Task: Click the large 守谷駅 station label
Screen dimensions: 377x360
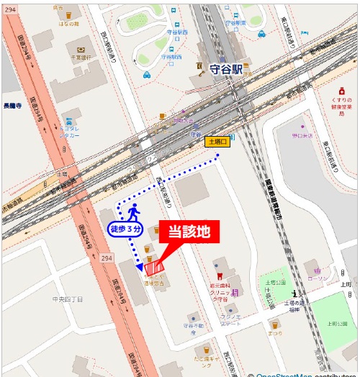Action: pyautogui.click(x=228, y=70)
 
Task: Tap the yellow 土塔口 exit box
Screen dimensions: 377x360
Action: pyautogui.click(x=217, y=142)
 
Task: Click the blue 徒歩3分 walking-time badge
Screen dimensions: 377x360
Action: pyautogui.click(x=127, y=229)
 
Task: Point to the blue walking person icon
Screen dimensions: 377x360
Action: pyautogui.click(x=132, y=212)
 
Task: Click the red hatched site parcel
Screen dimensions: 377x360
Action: pyautogui.click(x=153, y=268)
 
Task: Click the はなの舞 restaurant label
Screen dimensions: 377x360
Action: pyautogui.click(x=68, y=22)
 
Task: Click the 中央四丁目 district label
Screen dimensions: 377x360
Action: pyautogui.click(x=68, y=298)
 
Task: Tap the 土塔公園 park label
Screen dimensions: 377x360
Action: pyautogui.click(x=276, y=284)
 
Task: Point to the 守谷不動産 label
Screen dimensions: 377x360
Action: pyautogui.click(x=193, y=326)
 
